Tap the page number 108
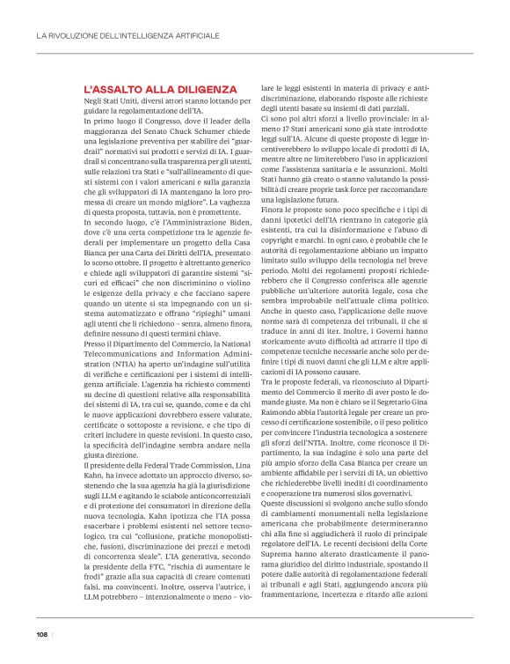tap(41, 632)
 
